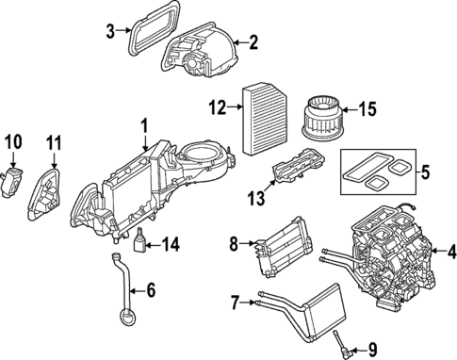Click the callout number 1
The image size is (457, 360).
pyautogui.click(x=144, y=125)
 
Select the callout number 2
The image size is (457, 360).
pyautogui.click(x=253, y=41)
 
